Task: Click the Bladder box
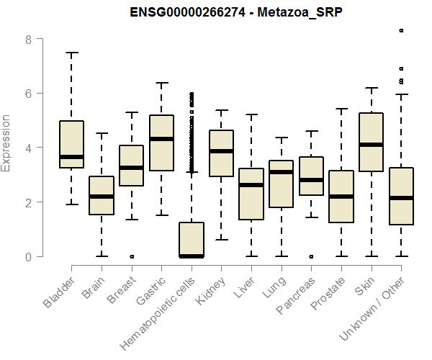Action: (x=71, y=144)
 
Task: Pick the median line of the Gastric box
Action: (x=161, y=139)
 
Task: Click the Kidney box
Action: (x=221, y=153)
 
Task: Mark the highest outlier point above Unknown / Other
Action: (x=401, y=30)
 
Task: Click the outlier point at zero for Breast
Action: (x=131, y=256)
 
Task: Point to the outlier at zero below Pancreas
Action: (x=311, y=256)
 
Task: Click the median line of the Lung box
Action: (x=281, y=172)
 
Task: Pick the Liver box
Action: (x=251, y=194)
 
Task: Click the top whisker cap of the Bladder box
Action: (x=71, y=53)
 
